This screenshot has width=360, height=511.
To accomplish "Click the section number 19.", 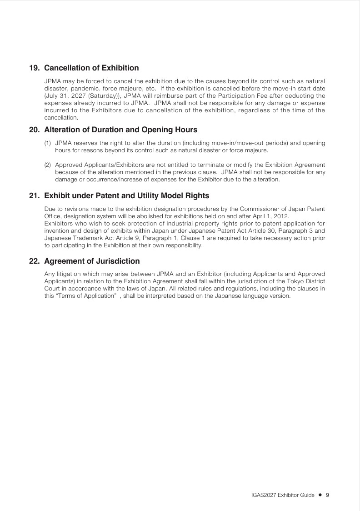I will click(x=34, y=68).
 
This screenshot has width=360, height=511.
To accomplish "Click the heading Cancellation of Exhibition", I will click(x=91, y=68).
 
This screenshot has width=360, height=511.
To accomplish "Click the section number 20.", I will click(x=34, y=130).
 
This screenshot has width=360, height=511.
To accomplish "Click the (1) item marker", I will click(x=47, y=143).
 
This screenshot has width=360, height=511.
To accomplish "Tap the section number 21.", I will click(x=34, y=196).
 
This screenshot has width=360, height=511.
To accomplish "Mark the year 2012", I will click(x=280, y=216).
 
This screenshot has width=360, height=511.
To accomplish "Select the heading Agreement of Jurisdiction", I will click(x=92, y=261).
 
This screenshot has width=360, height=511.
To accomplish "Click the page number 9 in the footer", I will click(x=327, y=495).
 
